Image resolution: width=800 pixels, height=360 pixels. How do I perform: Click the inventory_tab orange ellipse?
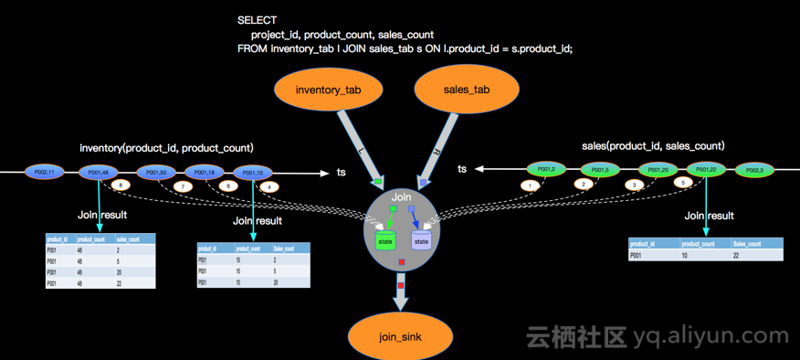(328, 90)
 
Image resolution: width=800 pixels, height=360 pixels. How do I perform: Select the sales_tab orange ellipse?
(467, 90)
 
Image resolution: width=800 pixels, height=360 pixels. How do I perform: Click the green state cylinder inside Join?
(385, 241)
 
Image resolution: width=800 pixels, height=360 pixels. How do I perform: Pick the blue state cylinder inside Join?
(421, 241)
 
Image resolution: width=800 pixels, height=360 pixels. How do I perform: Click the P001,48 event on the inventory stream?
(99, 172)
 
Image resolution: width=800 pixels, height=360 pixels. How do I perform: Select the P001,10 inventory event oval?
(253, 173)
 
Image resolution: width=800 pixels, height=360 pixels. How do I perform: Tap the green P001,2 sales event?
(546, 169)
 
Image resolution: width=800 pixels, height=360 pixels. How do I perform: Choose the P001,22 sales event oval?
(705, 169)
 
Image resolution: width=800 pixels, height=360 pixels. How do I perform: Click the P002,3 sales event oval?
(754, 170)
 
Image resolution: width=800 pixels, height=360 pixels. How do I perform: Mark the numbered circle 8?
(120, 185)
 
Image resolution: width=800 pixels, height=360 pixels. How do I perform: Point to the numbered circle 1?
(531, 185)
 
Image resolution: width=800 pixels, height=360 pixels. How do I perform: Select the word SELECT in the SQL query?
(257, 20)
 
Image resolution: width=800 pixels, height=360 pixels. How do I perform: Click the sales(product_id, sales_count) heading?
(652, 146)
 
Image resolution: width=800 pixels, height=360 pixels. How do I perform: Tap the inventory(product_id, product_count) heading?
(166, 148)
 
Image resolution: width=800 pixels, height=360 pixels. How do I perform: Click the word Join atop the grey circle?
(402, 197)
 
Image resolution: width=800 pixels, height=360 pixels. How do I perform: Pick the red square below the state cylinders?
(402, 263)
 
